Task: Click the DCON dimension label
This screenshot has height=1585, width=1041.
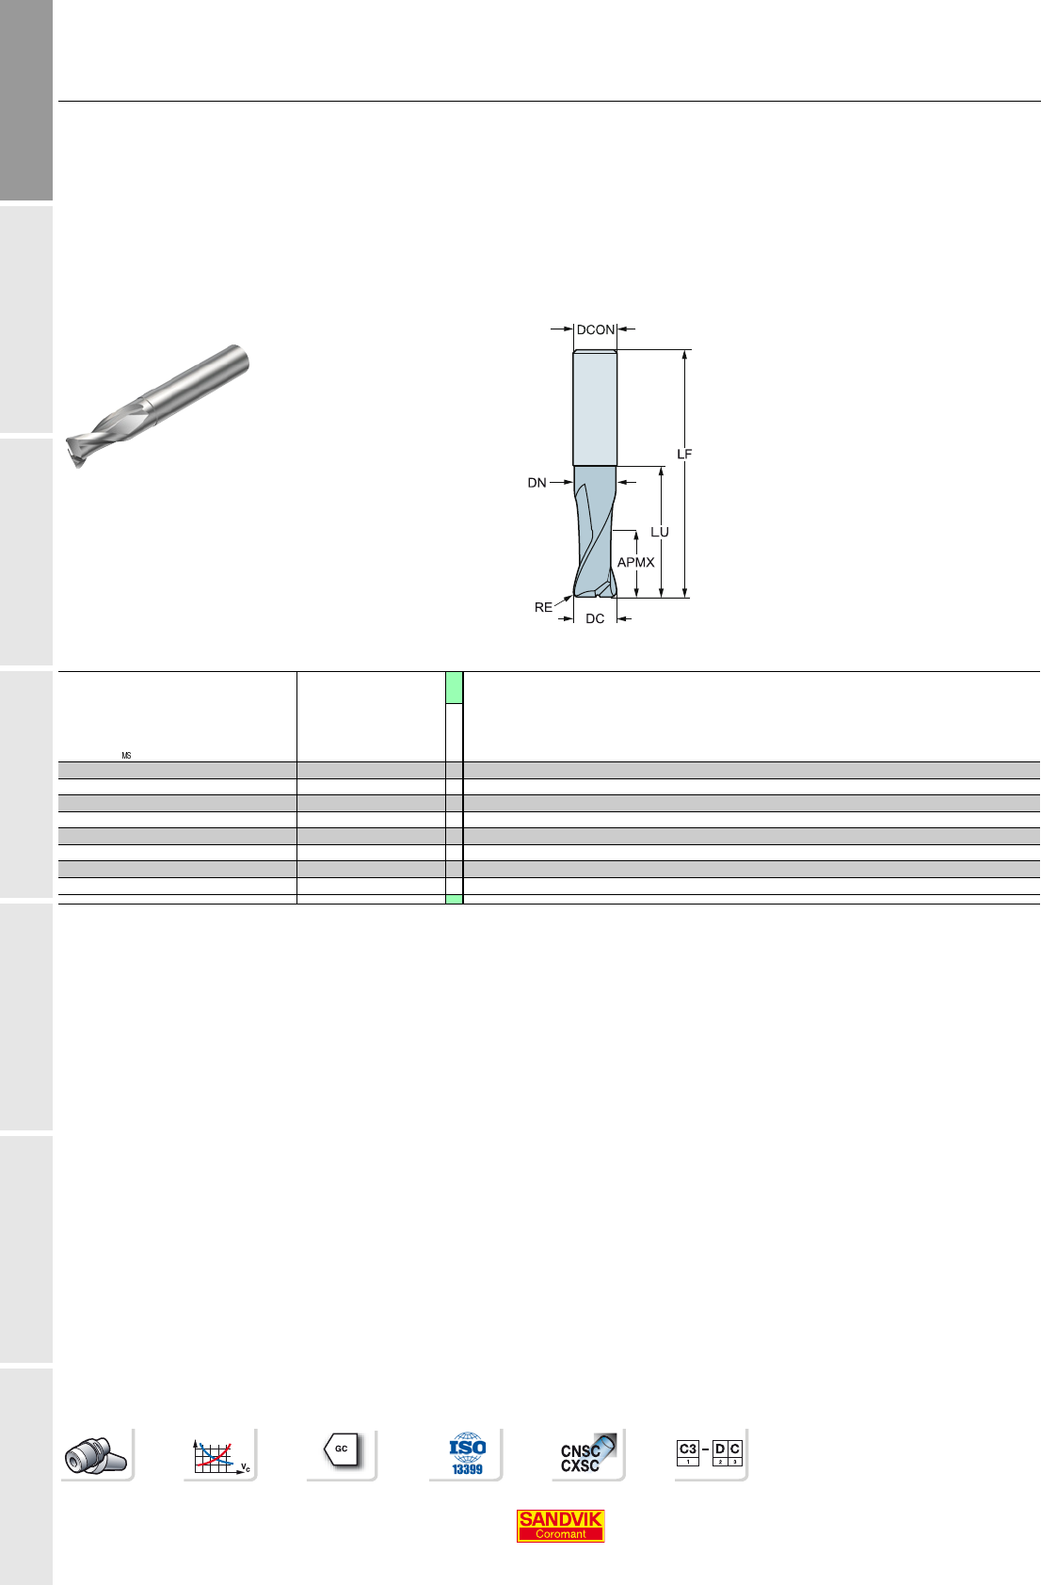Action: (595, 329)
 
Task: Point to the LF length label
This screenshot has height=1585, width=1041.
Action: (684, 455)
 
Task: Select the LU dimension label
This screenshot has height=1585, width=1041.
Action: (660, 532)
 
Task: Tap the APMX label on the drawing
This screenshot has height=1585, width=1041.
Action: (635, 563)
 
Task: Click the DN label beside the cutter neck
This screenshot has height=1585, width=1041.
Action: (537, 483)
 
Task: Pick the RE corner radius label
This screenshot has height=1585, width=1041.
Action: (543, 608)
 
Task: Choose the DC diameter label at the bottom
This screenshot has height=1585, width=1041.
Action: (595, 619)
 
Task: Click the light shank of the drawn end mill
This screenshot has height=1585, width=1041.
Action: (595, 408)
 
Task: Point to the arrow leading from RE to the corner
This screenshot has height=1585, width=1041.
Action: (563, 601)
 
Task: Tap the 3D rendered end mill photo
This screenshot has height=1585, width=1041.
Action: (157, 406)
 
